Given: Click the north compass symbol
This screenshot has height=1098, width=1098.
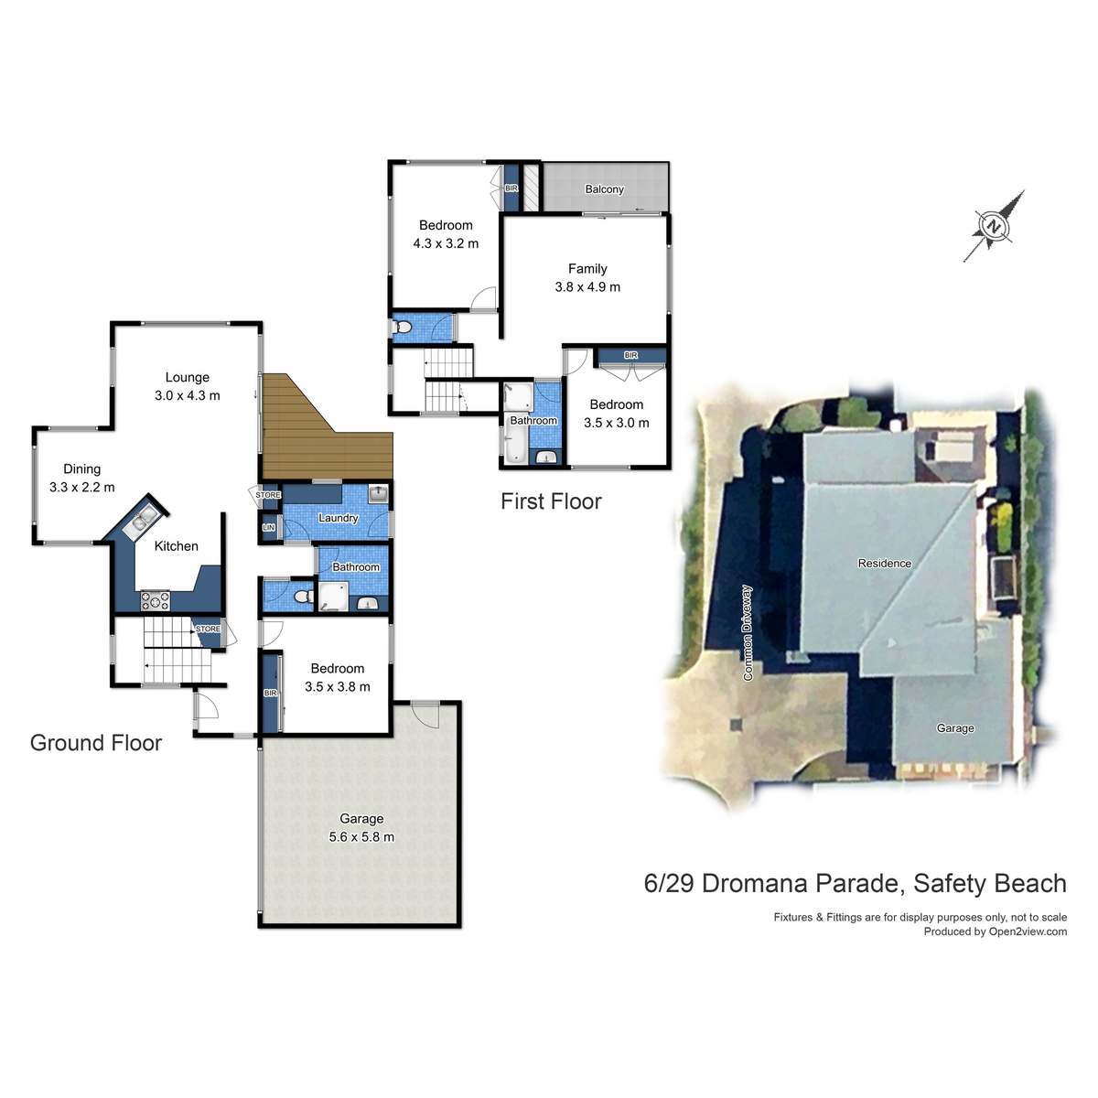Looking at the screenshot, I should click(993, 226).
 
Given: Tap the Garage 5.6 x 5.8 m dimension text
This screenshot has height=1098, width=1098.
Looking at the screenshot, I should click(361, 837).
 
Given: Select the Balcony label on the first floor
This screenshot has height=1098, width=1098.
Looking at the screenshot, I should click(604, 189).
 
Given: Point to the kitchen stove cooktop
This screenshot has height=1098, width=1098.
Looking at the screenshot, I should click(155, 601).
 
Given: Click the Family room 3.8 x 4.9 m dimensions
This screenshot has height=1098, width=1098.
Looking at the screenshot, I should click(587, 287).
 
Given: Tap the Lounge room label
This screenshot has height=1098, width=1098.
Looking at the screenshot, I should click(188, 377).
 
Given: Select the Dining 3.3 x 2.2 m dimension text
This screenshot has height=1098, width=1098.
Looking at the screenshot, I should click(82, 488).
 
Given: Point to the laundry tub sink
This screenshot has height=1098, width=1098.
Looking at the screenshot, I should click(378, 495).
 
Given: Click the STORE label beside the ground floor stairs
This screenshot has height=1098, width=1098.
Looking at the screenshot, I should click(208, 629).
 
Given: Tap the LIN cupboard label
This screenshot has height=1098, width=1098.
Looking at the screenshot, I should click(268, 528).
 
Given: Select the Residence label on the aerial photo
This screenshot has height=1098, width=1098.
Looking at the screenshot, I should click(884, 564).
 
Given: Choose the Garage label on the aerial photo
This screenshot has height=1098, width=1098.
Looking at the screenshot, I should click(955, 728).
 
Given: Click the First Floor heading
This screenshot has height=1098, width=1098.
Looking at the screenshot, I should click(551, 501).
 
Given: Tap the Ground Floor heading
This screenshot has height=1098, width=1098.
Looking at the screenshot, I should click(96, 743).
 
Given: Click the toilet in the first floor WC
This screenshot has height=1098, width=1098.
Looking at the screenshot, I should click(401, 327).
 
